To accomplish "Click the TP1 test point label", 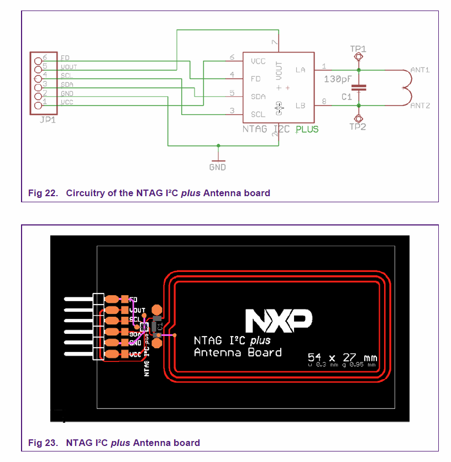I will [358, 49].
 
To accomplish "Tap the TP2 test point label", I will [358, 127].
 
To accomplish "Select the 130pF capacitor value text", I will [338, 80].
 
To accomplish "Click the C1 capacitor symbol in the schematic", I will [359, 87].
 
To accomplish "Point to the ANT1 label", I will [420, 70].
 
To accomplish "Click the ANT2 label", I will [420, 106].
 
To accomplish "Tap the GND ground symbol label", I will [217, 167].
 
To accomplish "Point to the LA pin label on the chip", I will [301, 70].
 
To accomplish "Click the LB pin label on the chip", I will [301, 106].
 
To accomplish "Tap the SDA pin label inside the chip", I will [258, 96].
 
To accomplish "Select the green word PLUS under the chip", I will [307, 130].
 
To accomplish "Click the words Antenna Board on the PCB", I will [238, 353].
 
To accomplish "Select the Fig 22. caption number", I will [44, 193].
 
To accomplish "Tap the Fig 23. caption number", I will [44, 443].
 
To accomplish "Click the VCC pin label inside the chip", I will [258, 61].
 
